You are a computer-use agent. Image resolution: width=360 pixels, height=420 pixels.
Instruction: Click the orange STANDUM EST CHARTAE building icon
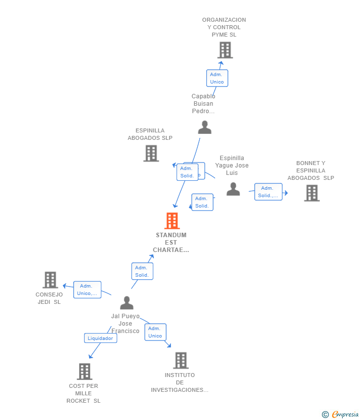tap(172, 221)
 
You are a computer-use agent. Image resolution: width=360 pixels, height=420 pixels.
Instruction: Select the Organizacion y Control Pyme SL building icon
tap(225, 50)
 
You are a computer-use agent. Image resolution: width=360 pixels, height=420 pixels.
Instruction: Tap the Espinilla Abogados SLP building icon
tap(151, 153)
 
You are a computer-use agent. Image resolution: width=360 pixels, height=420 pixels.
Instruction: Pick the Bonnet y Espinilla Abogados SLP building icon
tap(312, 193)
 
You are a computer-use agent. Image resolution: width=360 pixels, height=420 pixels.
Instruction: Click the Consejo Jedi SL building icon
tap(50, 280)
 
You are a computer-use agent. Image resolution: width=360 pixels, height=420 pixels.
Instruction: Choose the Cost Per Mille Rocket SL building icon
tap(85, 372)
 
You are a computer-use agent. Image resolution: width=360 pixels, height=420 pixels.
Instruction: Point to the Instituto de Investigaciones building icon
tap(180, 361)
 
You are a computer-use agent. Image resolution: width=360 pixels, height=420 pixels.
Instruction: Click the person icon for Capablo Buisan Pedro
tap(204, 127)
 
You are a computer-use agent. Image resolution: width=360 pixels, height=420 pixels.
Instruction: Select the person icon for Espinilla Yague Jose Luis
tap(233, 189)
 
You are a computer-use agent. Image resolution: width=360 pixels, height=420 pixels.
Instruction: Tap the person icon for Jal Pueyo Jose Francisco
tap(127, 303)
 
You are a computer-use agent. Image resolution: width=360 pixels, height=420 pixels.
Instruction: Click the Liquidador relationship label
tap(101, 338)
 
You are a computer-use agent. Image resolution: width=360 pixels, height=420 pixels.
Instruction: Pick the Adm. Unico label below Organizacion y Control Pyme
tap(217, 78)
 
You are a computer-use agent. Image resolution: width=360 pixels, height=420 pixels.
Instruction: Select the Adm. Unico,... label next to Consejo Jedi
tap(87, 290)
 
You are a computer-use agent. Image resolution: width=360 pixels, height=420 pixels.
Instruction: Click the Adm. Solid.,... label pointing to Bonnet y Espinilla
tap(268, 192)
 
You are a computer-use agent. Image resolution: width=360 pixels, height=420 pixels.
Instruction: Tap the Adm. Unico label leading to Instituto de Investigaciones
tap(155, 332)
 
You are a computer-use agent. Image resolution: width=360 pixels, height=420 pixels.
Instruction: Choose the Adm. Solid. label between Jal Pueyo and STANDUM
tap(142, 271)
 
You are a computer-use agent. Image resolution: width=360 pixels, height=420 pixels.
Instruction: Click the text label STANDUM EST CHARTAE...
tap(171, 243)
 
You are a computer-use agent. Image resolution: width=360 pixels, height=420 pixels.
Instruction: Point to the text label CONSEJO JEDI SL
tap(49, 298)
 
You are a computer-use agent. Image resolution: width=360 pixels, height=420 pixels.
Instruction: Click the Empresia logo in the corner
tap(345, 415)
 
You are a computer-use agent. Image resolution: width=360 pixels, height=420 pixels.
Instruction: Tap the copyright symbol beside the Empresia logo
tap(325, 415)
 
